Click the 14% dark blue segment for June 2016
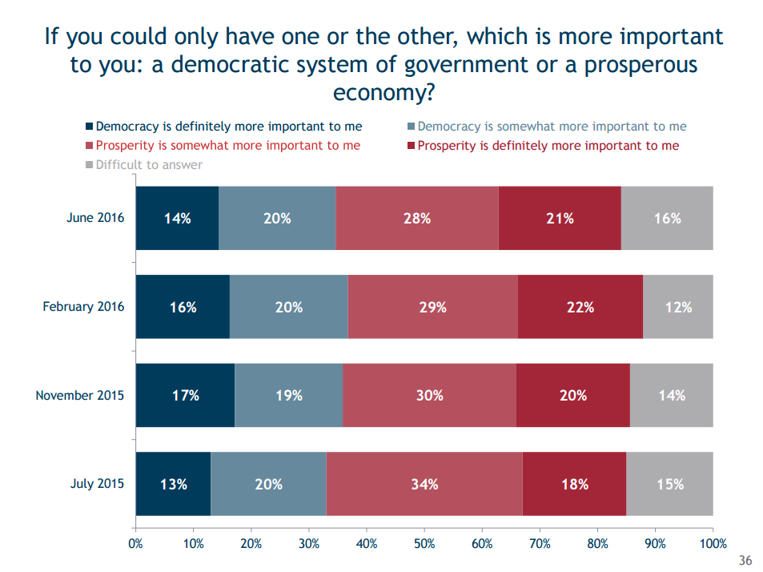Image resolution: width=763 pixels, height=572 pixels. coord(177,218)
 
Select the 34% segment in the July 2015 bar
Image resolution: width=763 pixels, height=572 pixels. coord(424,484)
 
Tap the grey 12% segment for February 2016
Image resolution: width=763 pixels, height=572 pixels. coord(677,306)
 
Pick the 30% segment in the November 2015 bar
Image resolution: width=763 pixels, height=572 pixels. coord(429,395)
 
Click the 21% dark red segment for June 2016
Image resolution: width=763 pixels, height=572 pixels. coord(560,218)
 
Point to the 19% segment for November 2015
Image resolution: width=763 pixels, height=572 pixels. coord(288,395)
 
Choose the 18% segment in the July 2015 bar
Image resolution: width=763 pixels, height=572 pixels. coord(574,484)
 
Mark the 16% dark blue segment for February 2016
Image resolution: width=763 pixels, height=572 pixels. coord(183,306)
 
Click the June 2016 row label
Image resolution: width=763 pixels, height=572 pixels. coord(95,217)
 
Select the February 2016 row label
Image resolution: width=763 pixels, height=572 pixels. coord(83,306)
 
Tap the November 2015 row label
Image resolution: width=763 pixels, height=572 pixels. coord(80,395)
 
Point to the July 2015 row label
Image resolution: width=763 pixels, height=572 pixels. coord(98,484)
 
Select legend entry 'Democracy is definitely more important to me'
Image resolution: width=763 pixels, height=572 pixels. coord(228,127)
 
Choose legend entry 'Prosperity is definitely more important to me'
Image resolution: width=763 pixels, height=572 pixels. coord(548,146)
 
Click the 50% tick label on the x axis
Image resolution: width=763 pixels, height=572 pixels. coord(424,544)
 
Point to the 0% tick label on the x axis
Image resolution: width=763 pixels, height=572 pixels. coord(136,544)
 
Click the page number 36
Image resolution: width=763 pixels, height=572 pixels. coord(745,559)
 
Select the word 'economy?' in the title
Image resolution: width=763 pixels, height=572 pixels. coord(384,92)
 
